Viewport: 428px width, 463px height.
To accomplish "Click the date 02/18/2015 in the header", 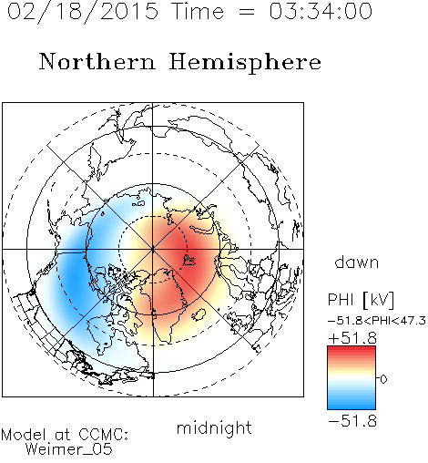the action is coord(83,12).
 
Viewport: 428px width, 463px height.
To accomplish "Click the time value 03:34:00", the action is coord(321,11).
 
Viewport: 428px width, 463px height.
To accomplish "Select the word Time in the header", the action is coord(198,11).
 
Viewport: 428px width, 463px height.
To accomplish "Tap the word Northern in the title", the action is coord(97,61).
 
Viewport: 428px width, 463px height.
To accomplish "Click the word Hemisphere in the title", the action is coord(245,63).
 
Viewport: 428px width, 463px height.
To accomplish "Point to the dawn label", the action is coord(357,262).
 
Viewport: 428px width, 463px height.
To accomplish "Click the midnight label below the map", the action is coord(214,428).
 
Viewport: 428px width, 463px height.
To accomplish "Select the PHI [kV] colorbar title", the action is coord(361,300).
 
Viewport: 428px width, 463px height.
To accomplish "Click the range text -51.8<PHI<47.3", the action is coord(377,321).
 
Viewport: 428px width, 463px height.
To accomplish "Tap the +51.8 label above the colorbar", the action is coord(352,338).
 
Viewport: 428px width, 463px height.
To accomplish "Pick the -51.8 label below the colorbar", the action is coord(352,421).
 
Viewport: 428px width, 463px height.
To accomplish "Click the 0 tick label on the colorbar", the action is coord(383,379).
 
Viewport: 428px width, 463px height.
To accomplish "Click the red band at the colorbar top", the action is coord(352,350).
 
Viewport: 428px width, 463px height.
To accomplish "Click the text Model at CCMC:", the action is coord(65,435).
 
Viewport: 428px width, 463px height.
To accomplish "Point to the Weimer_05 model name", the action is coord(69,449).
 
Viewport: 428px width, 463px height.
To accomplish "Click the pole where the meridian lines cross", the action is coord(153,249).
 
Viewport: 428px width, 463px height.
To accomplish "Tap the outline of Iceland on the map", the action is coord(199,314).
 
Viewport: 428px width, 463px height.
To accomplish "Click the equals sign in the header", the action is coord(247,12).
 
